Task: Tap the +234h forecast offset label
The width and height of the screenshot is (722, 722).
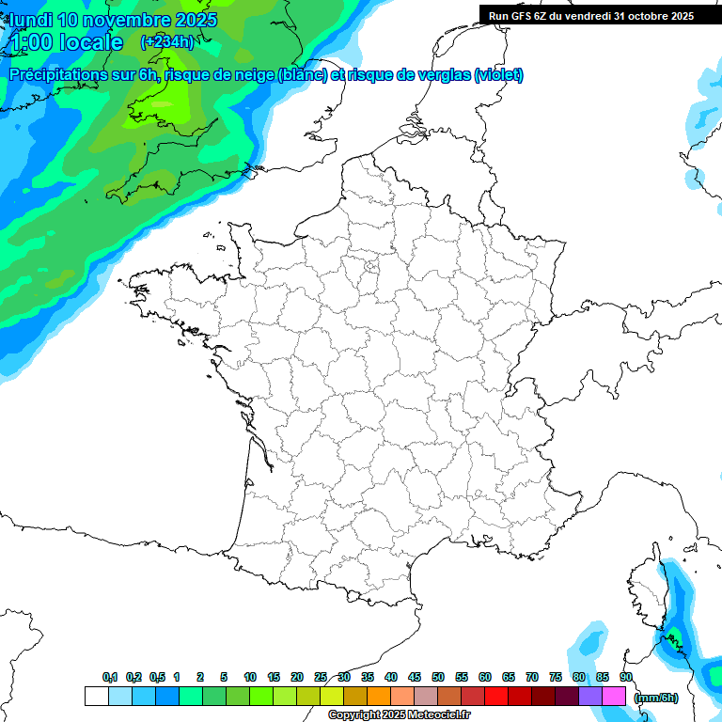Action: [167, 41]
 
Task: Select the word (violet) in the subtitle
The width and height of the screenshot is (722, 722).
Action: [498, 75]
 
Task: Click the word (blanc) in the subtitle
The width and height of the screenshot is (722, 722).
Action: [303, 75]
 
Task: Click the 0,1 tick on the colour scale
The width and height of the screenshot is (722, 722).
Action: [110, 678]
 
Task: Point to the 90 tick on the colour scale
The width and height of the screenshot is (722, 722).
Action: [625, 678]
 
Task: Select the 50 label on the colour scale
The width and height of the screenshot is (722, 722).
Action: [438, 678]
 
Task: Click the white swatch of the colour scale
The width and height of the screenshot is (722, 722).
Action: [96, 696]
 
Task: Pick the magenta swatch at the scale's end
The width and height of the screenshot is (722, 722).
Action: [614, 696]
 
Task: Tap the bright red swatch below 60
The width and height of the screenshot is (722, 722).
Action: [496, 696]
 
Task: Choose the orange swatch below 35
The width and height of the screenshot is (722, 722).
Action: [379, 696]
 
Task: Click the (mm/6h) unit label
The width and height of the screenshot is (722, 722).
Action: [656, 698]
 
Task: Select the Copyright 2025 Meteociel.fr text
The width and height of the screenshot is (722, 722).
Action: [399, 715]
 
